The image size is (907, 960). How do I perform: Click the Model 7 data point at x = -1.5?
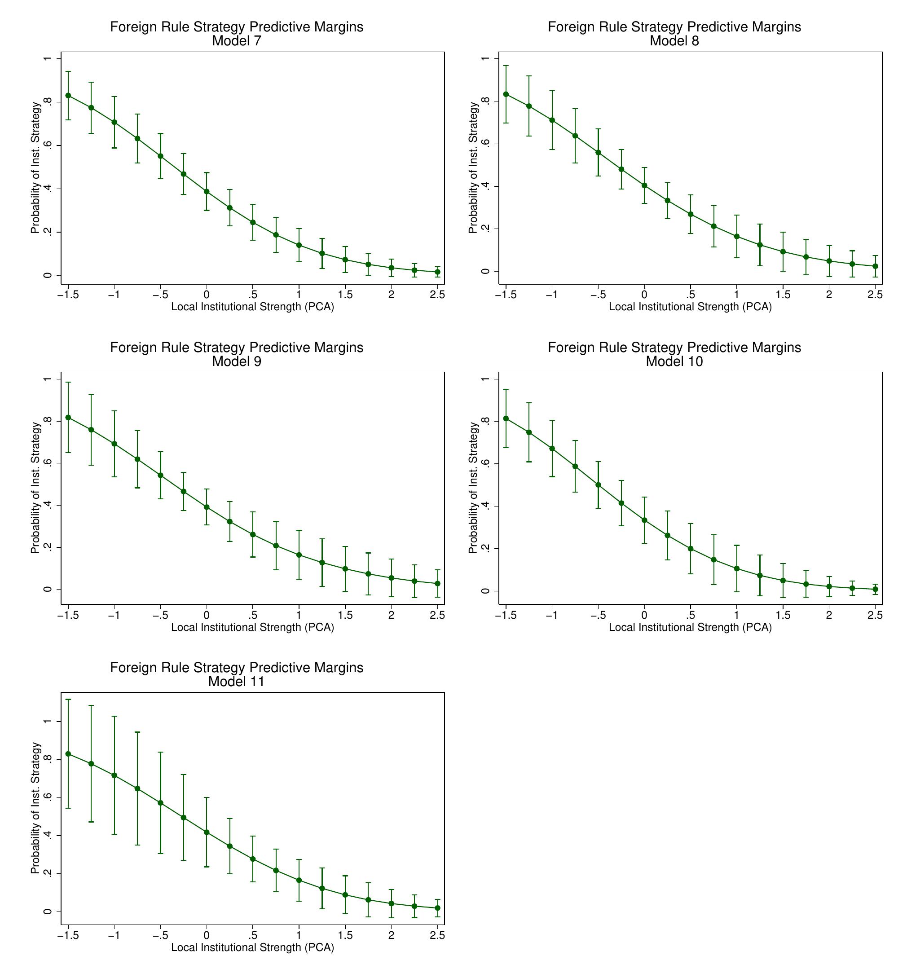click(68, 96)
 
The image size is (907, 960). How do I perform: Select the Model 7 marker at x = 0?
click(207, 191)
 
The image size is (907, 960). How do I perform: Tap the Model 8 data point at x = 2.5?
click(875, 266)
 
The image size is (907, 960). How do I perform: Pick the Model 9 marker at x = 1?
click(299, 555)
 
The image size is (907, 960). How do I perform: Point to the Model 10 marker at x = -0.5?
click(598, 485)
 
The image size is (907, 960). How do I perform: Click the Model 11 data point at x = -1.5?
click(68, 753)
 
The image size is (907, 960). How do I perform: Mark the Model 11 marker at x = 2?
click(392, 903)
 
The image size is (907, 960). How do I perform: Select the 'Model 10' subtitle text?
click(674, 361)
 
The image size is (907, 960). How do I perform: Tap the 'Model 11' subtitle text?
click(237, 681)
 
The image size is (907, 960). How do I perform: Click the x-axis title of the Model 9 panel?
click(252, 627)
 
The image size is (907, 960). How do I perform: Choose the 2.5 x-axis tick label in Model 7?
click(437, 295)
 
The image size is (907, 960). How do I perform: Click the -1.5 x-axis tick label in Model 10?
click(506, 615)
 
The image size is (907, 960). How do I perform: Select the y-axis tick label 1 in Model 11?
click(47, 722)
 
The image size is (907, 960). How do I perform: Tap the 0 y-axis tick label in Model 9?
click(47, 589)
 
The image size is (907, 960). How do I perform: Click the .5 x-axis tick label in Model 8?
click(691, 295)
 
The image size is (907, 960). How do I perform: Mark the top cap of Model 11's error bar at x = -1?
click(114, 716)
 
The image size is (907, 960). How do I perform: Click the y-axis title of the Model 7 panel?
click(35, 168)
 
